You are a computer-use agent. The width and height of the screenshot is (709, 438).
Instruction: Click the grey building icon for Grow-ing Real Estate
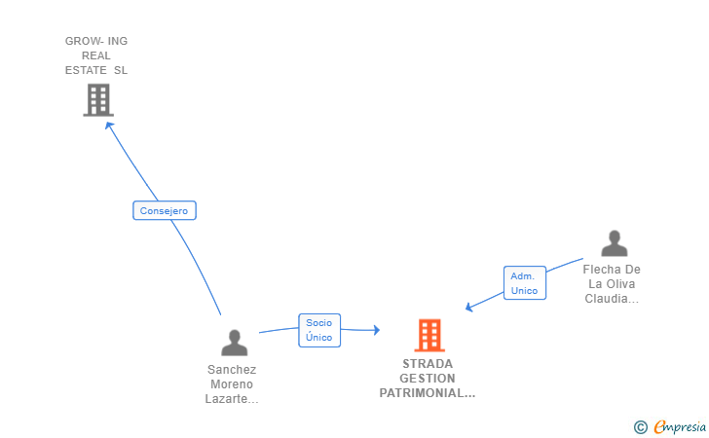97,99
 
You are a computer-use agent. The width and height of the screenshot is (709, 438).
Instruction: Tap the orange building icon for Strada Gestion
429,335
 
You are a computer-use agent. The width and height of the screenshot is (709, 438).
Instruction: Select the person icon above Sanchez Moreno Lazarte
234,343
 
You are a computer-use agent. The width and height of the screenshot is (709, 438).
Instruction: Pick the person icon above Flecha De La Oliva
614,243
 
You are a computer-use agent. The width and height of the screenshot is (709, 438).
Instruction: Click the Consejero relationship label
165,210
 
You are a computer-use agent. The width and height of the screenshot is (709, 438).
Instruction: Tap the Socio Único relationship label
318,330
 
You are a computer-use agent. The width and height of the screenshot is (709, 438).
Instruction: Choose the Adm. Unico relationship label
524,283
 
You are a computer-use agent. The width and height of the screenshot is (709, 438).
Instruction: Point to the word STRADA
428,364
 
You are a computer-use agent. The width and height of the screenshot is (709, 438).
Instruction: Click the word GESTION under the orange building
428,379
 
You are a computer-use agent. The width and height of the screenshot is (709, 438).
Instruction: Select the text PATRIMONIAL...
427,393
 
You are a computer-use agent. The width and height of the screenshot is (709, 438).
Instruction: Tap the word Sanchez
232,370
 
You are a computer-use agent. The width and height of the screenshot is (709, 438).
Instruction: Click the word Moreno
232,384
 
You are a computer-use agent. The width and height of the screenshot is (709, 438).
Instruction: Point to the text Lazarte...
232,399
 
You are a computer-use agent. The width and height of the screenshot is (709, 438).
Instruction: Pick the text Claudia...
611,299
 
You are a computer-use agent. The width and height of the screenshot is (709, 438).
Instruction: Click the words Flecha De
612,270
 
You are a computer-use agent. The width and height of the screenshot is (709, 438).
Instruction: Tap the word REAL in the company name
96,55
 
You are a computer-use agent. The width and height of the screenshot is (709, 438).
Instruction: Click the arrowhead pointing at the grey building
109,125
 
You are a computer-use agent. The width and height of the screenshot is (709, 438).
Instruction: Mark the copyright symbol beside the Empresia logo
640,426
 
